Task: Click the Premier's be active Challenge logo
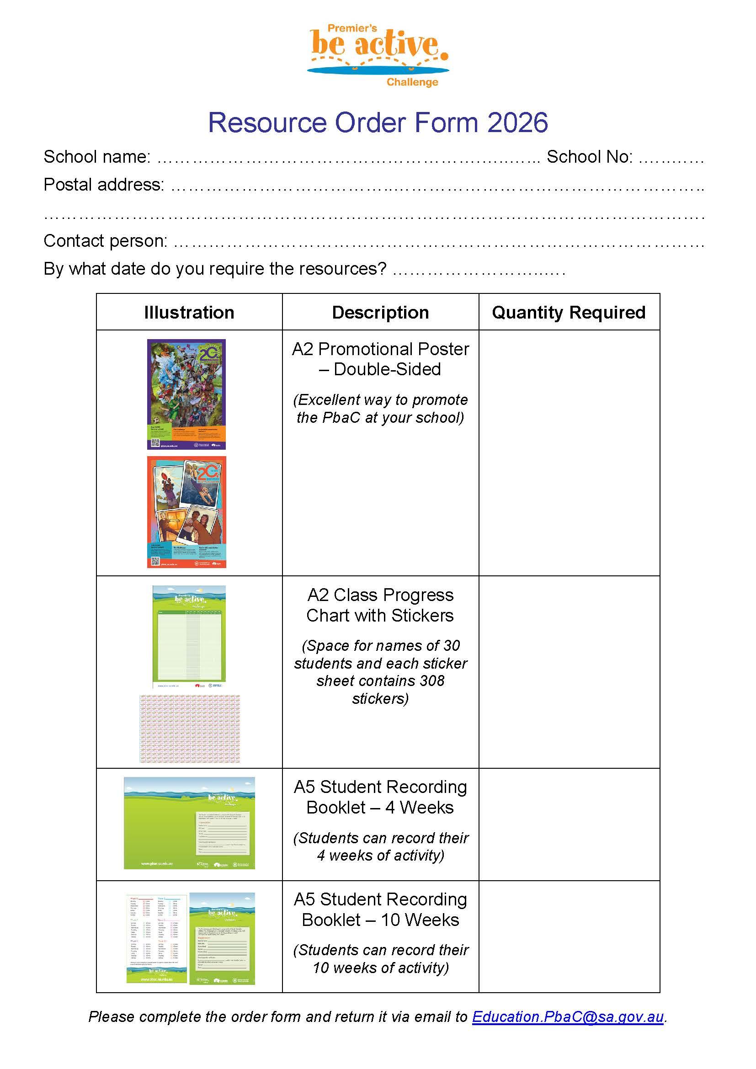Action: (378, 55)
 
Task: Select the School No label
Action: (589, 157)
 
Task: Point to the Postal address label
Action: (104, 185)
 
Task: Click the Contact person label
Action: (105, 241)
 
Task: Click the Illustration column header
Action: (189, 313)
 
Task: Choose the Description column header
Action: (380, 313)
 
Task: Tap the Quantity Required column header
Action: (569, 313)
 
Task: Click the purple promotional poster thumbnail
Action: (186, 394)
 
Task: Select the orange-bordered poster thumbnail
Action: (186, 512)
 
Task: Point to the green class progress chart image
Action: (189, 636)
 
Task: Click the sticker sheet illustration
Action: (190, 728)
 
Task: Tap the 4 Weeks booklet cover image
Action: (189, 823)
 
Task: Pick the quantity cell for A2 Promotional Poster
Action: (569, 452)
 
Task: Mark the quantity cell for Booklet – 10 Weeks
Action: (569, 936)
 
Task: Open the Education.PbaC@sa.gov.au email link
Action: (568, 1017)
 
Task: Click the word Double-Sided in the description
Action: (387, 369)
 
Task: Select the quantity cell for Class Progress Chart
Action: (569, 672)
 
